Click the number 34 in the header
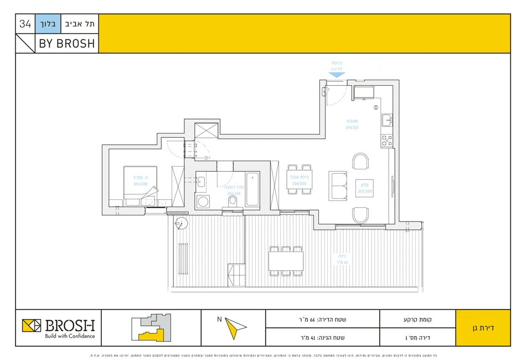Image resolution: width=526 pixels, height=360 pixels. coord(25,24)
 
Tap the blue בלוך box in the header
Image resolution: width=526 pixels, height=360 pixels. coord(47,24)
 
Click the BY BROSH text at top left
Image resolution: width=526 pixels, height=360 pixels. coord(66,43)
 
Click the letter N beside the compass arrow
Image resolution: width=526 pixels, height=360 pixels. coord(219,319)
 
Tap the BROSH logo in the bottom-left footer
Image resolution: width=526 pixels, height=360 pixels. coord(58,327)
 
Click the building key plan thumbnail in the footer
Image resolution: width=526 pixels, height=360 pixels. coord(150,328)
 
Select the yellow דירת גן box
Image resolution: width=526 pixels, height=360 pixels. coord(482,328)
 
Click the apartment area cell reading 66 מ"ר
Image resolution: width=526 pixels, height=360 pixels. coord(322,319)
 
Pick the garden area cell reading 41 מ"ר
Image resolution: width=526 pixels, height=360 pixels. coord(322,337)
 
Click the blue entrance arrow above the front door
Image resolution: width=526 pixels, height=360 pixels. coord(337,74)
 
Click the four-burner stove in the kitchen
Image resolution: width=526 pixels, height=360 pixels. coord(386,140)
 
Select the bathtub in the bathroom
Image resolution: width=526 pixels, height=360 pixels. coord(252,189)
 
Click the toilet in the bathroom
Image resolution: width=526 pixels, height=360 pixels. coord(232,203)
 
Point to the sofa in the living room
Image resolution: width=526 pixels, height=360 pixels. coord(337,186)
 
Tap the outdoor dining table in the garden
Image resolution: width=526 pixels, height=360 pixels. coord(286,260)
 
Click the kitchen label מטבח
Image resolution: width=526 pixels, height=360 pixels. coord(351,121)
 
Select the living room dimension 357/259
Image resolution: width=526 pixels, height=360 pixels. coord(364,191)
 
